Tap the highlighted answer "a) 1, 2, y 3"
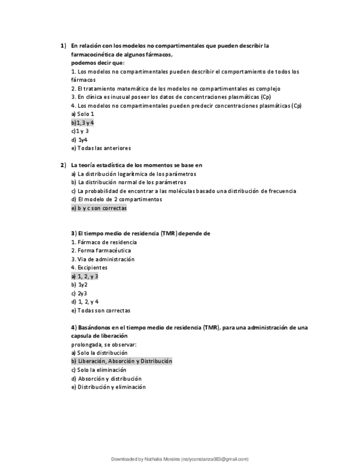[x=85, y=276]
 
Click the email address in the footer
[x=214, y=459]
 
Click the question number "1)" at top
[x=63, y=46]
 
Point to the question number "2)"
[x=63, y=165]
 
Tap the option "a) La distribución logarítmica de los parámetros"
[x=134, y=174]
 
